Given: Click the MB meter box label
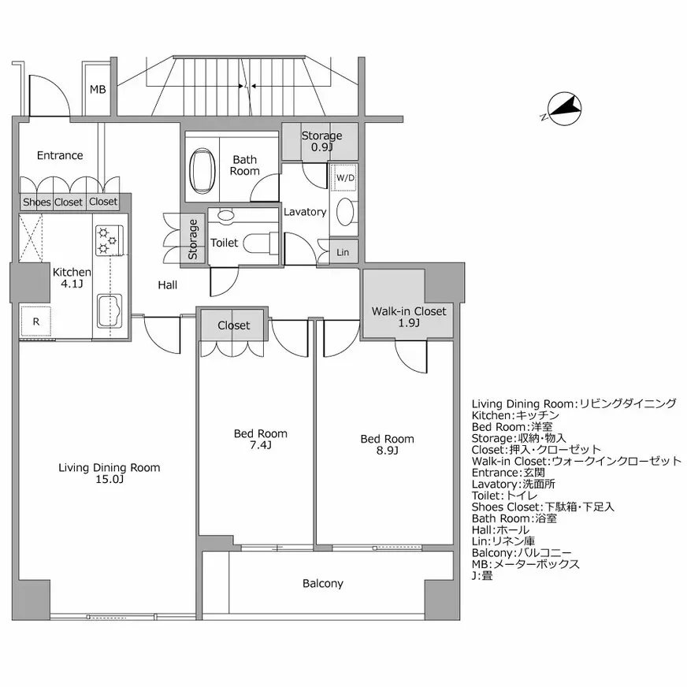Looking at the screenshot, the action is click(98, 89).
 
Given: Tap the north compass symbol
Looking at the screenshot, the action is click(563, 108).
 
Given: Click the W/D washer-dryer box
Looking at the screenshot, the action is click(344, 177).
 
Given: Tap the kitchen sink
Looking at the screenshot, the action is click(110, 310).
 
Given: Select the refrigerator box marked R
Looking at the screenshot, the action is click(36, 321).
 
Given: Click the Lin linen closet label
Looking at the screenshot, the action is click(343, 252).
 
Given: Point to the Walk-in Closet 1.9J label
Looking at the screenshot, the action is click(409, 318).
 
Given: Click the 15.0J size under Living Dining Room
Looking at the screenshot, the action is click(110, 479).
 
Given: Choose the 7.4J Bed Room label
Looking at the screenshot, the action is click(261, 440).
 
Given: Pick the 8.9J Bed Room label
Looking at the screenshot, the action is click(388, 444).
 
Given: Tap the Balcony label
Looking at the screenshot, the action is click(323, 584).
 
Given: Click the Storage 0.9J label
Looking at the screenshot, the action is click(321, 142).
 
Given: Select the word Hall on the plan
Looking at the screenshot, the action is click(167, 285).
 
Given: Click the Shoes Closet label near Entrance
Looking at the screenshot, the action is click(53, 202).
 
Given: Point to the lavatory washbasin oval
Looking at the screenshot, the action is click(345, 212).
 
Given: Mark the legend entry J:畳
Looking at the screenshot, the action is click(482, 575).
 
